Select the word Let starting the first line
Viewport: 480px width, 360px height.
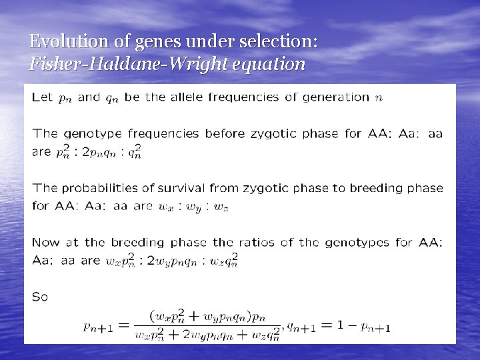42,97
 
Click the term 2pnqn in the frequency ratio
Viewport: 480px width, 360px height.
105,152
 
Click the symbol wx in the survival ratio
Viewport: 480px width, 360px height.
165,207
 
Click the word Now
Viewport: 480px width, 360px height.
45,243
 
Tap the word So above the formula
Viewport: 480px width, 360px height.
40,297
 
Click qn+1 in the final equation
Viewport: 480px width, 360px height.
301,327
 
